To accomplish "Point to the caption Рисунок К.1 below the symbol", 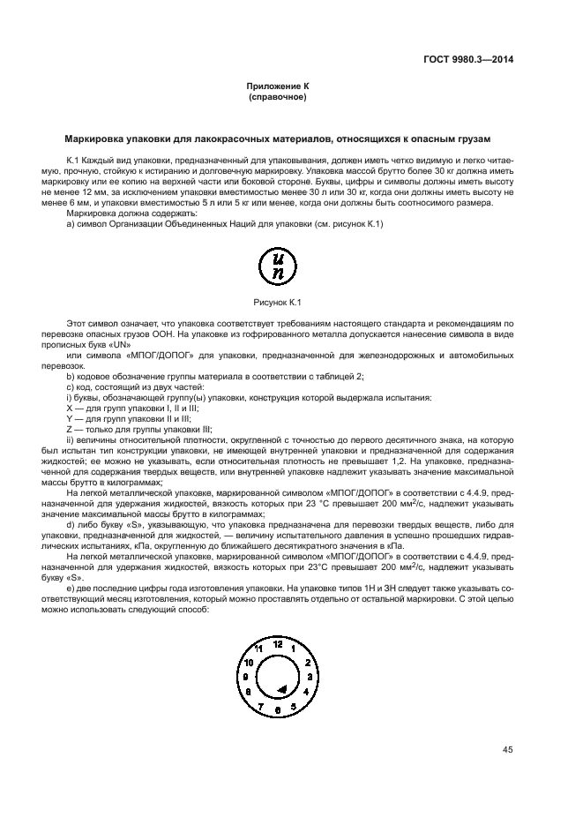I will pos(278,302).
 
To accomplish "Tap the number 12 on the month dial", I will pos(278,645).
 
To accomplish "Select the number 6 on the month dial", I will pos(278,709).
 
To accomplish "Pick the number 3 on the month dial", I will pos(310,677).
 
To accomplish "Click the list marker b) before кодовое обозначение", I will pos(71,377).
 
